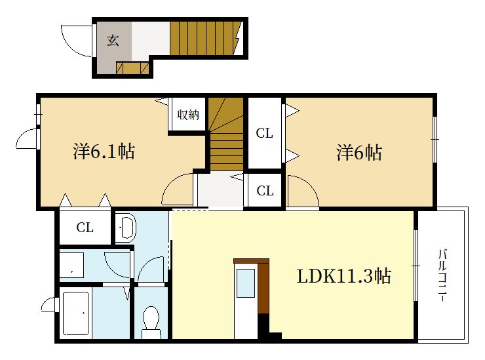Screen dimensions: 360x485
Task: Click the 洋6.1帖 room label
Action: coord(104,152)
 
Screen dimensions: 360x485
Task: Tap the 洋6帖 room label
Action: coord(359,153)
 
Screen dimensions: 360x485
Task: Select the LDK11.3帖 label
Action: coord(343,276)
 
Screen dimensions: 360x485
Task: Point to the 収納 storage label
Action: coord(188,115)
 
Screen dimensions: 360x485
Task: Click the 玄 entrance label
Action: coord(113,41)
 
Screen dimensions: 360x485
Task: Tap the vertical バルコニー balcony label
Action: coord(443,275)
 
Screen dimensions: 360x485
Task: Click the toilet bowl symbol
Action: coord(151,321)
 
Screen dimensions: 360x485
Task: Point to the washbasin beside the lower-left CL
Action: coord(126,228)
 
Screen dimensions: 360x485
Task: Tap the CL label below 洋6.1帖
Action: coord(85,228)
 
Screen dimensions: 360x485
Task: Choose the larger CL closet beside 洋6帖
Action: coord(264,134)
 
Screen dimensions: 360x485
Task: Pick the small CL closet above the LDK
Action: coord(265,191)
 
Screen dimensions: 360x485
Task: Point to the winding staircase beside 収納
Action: coord(226,134)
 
